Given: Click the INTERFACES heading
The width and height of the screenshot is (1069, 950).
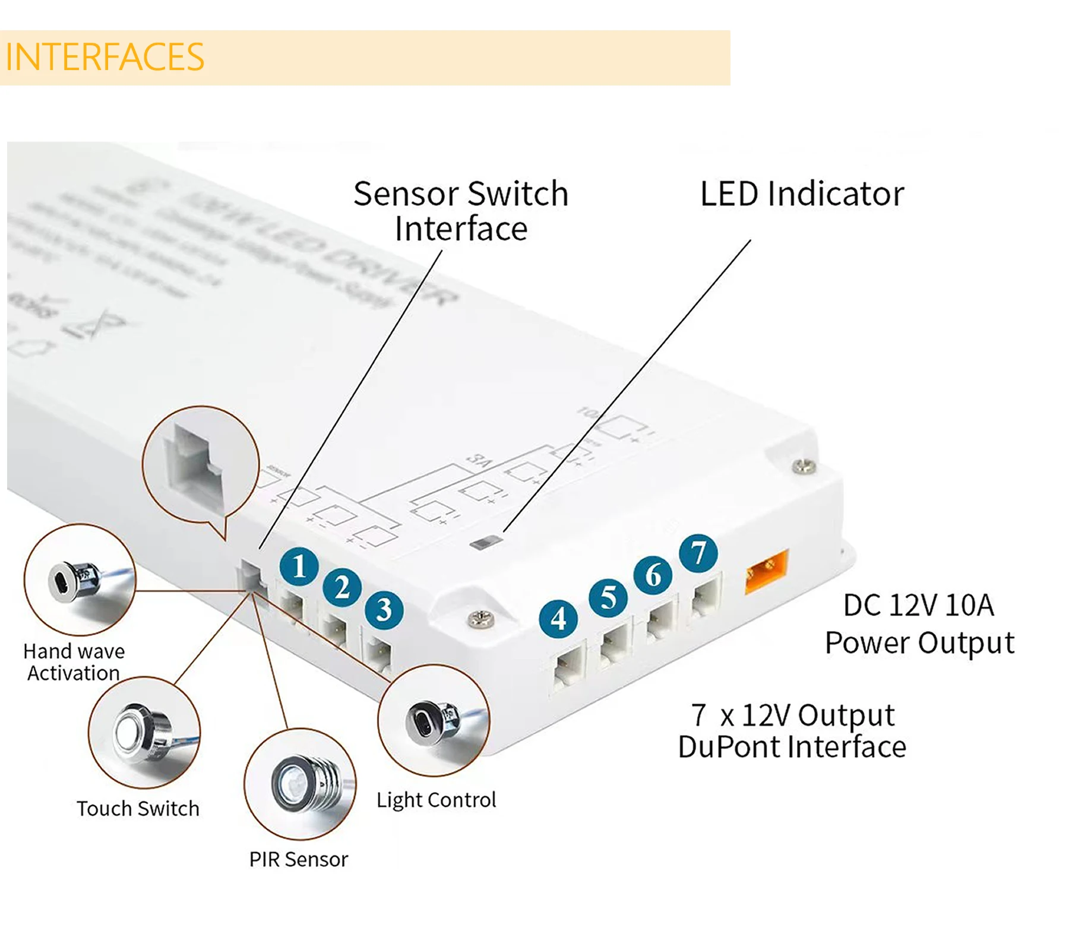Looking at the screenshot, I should (105, 57).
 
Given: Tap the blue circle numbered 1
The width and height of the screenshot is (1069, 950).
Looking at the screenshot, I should (299, 566).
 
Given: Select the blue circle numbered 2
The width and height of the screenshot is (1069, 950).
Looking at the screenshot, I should (342, 588).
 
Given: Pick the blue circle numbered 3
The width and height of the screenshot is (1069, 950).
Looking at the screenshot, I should (384, 610).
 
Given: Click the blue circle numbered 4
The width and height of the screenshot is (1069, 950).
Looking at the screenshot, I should (558, 619).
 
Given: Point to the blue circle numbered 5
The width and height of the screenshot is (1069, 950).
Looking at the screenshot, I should (608, 597).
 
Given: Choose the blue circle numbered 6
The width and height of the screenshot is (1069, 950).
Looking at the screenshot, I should (653, 575).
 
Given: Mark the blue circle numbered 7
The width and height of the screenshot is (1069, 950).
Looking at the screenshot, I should (698, 553).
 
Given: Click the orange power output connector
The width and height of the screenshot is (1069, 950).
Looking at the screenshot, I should (767, 571).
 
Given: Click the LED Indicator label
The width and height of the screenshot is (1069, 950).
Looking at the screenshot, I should (802, 194).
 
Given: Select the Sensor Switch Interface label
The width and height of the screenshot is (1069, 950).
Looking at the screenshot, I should (461, 211).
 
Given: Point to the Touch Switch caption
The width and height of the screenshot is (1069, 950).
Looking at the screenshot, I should (138, 809).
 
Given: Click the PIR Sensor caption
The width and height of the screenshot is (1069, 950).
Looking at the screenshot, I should (298, 859).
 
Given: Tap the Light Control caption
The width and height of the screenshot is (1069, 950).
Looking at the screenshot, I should (436, 800).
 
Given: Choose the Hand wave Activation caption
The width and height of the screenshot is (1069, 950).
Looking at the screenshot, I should (74, 662).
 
